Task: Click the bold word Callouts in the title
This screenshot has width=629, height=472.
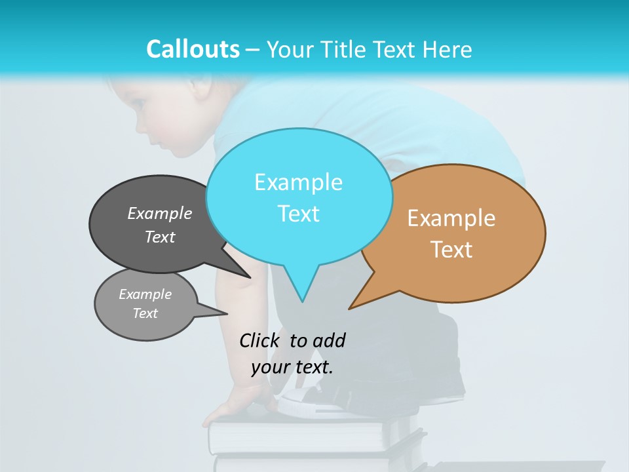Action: pyautogui.click(x=193, y=49)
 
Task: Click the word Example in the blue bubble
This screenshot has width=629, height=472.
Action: pyautogui.click(x=298, y=182)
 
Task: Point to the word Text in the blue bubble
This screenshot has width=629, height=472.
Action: pyautogui.click(x=298, y=214)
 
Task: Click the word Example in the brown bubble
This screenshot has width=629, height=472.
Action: pyautogui.click(x=451, y=218)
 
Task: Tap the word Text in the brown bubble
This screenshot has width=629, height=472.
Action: pyautogui.click(x=451, y=250)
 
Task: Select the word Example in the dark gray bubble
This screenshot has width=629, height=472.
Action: pyautogui.click(x=160, y=214)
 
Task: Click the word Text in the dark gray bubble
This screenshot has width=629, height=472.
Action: pyautogui.click(x=160, y=237)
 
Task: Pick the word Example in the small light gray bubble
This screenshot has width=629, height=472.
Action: pyautogui.click(x=145, y=294)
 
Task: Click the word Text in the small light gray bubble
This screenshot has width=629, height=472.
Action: pyautogui.click(x=145, y=313)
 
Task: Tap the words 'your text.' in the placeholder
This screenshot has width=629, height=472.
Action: pyautogui.click(x=292, y=367)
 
